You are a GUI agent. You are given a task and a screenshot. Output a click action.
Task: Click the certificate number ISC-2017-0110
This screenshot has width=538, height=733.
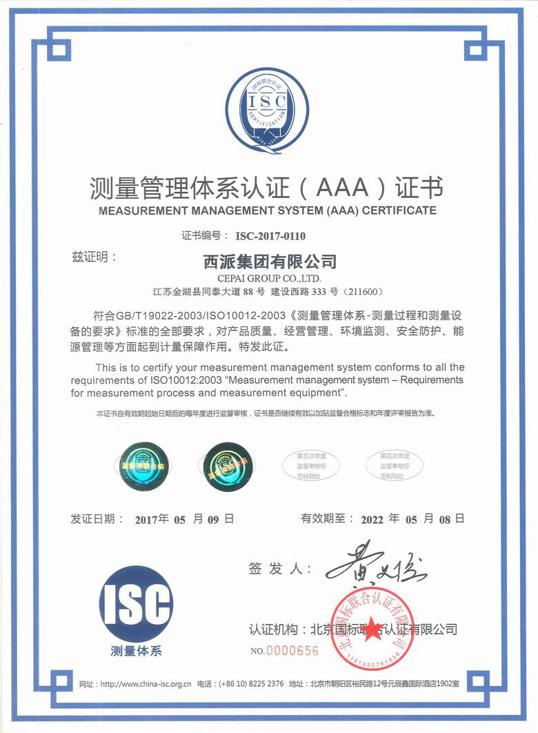tap(270, 235)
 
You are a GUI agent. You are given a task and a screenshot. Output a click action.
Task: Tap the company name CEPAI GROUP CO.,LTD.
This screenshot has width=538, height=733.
tap(268, 277)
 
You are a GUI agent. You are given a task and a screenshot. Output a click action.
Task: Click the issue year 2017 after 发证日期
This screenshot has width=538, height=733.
tap(148, 518)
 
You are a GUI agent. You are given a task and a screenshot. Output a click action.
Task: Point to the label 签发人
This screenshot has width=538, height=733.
tap(279, 569)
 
